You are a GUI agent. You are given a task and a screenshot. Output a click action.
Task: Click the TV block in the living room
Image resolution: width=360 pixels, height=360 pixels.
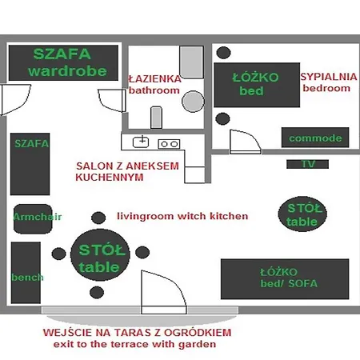(307, 164)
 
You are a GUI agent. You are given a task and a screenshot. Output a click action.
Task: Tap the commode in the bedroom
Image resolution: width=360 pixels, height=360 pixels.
(315, 138)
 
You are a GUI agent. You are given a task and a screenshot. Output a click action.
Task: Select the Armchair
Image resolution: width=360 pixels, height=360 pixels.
(33, 219)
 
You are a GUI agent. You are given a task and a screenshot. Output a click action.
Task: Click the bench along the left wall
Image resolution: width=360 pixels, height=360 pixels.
(26, 273)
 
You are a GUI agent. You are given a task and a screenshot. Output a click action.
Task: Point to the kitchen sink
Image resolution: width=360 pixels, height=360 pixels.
(141, 142)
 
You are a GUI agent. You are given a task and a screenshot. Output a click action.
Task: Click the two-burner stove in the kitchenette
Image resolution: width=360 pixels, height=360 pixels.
(169, 144)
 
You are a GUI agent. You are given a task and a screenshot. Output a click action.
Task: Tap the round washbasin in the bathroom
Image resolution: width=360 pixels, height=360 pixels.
(193, 102)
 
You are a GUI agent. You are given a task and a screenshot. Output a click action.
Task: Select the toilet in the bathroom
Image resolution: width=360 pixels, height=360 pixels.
(156, 118)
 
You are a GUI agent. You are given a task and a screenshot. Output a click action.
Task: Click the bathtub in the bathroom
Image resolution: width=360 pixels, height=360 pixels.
(191, 62)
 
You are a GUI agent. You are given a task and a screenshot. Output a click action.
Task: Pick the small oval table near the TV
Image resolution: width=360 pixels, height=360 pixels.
(302, 214)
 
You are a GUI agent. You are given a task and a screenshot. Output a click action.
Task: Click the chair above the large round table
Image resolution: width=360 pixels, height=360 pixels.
(98, 218)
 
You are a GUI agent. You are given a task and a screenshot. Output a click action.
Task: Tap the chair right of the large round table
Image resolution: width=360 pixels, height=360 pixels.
(142, 252)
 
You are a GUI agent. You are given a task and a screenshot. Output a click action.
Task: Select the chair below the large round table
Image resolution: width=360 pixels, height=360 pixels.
(97, 292)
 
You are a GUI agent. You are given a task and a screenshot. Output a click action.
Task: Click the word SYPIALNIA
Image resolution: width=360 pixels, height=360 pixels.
(329, 77)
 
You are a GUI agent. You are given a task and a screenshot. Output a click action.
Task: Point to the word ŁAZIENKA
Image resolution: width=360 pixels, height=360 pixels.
(154, 79)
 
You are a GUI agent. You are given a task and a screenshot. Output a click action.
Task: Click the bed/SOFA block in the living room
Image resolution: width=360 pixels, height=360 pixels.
(285, 279)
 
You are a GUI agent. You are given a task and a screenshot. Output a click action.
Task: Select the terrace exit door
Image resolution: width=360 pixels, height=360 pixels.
(163, 292)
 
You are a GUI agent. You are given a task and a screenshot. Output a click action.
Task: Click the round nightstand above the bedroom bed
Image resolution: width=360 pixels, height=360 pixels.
(223, 53)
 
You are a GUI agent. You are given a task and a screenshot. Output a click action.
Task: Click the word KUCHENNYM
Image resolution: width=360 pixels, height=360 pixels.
(110, 178)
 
